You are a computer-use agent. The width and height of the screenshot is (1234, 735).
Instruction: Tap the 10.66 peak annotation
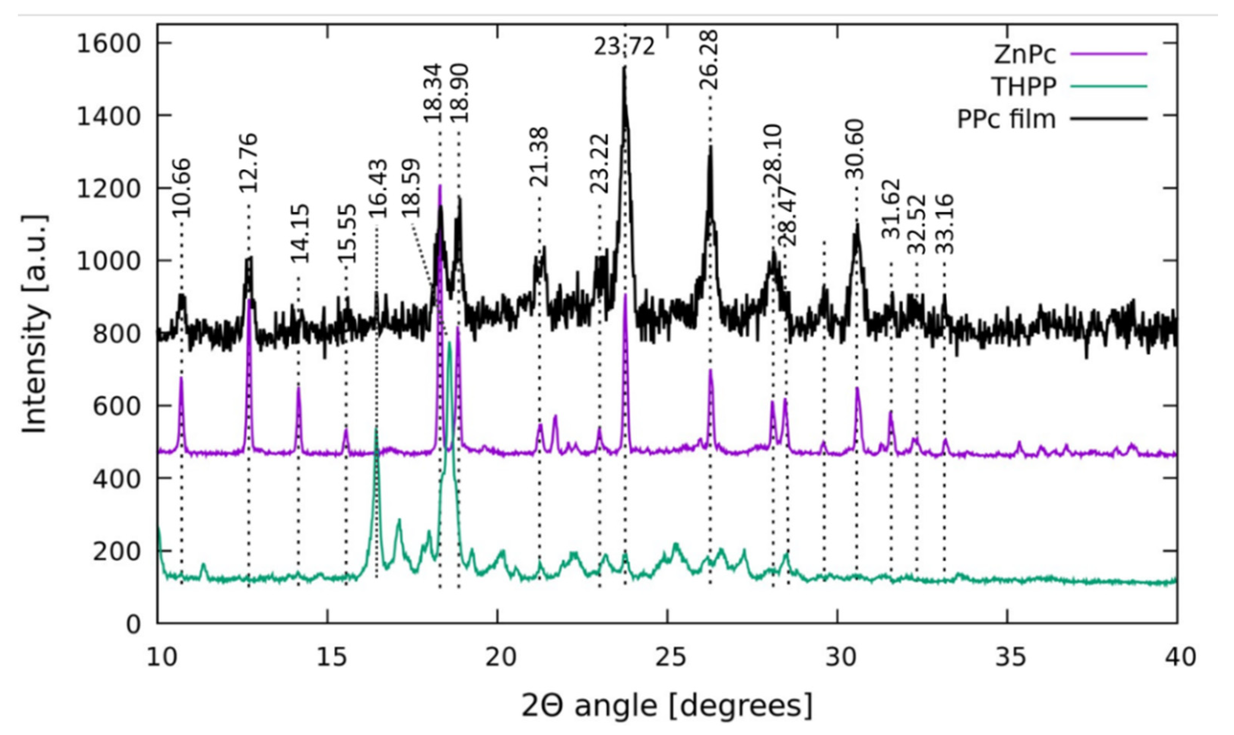[x=181, y=188]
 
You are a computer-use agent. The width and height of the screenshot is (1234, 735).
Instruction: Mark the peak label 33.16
[x=945, y=224]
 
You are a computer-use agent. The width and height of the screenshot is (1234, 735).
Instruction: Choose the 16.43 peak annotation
[x=377, y=188]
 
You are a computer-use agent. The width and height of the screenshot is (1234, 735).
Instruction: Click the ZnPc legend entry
[x=1025, y=54]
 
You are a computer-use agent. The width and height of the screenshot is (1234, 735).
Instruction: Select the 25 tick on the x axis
[x=667, y=657]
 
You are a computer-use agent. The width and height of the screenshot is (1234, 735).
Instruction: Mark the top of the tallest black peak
[x=625, y=67]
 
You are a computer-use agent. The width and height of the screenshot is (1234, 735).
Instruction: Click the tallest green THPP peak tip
[x=449, y=342]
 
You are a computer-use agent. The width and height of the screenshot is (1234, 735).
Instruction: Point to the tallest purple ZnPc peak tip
[x=439, y=186]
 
